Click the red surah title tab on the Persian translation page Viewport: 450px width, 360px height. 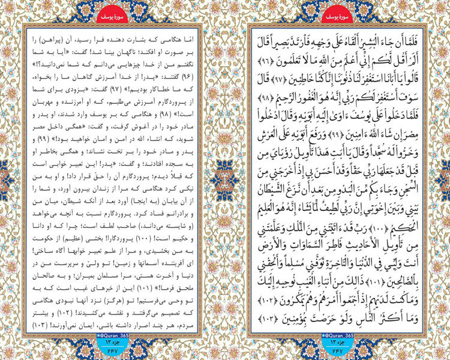[x=112, y=13]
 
